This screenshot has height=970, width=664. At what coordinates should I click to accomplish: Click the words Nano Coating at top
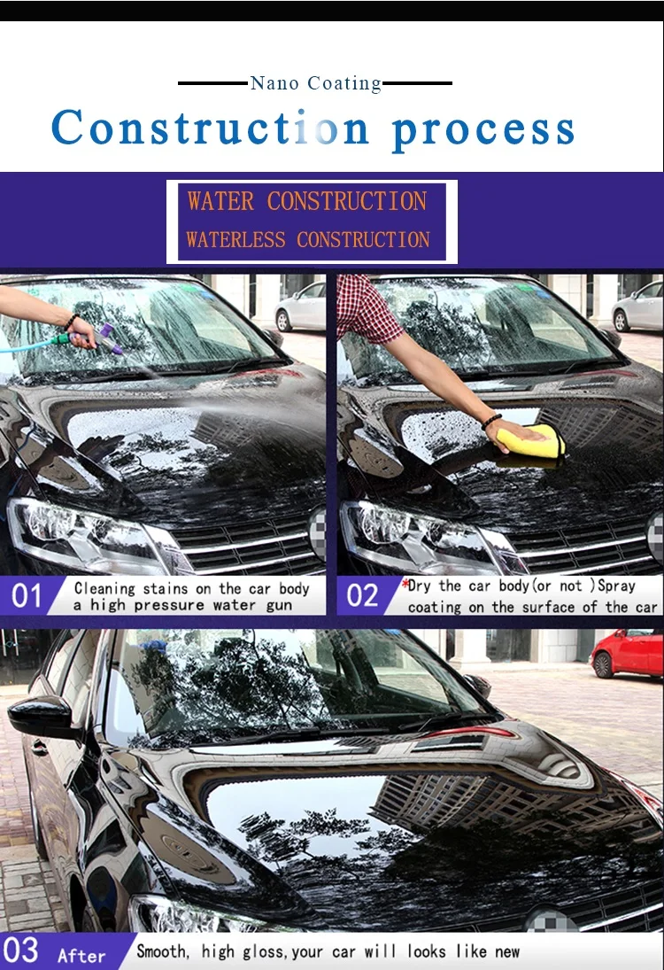pos(315,83)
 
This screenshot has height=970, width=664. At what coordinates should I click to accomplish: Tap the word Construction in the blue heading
pos(210,128)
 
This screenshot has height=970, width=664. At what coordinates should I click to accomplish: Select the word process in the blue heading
pos(483,129)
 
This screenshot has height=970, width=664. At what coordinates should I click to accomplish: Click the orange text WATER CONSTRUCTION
pos(306,201)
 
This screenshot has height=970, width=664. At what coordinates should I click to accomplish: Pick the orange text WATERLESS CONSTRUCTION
pos(308,239)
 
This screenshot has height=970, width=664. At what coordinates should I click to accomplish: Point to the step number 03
pos(21,951)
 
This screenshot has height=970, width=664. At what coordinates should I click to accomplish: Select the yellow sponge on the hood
pos(531,441)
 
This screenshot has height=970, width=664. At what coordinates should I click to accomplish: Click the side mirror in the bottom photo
pos(40,716)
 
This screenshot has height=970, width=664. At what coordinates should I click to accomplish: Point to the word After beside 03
pos(81,956)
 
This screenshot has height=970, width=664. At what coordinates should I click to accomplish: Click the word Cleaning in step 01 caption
pos(104,588)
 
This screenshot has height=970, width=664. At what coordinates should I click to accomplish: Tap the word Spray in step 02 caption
pos(616,586)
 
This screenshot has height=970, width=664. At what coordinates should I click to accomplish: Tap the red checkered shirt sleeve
pos(370,306)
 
